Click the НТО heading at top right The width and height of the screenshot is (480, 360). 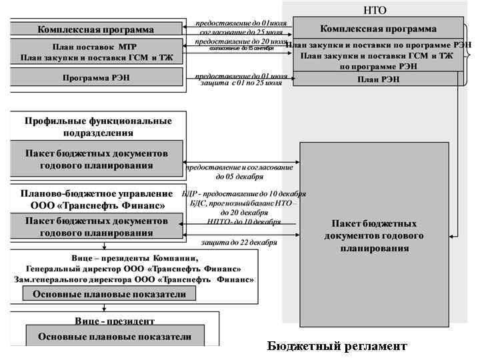pyautogui.click(x=375, y=10)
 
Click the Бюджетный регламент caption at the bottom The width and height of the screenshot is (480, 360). pyautogui.click(x=337, y=346)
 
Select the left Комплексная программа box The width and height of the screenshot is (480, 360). pyautogui.click(x=96, y=29)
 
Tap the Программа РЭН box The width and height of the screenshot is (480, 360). pyautogui.click(x=96, y=77)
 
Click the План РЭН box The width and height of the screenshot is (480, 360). pyautogui.click(x=378, y=79)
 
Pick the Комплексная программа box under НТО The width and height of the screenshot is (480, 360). pyautogui.click(x=378, y=29)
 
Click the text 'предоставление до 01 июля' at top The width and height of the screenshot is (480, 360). pyautogui.click(x=241, y=23)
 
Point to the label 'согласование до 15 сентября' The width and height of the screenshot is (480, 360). pyautogui.click(x=241, y=49)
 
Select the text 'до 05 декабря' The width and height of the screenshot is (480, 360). pyautogui.click(x=239, y=177)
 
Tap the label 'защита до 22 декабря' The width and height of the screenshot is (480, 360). pyautogui.click(x=239, y=243)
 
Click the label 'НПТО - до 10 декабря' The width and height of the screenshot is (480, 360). pyautogui.click(x=239, y=221)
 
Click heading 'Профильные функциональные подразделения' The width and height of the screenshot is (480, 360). pyautogui.click(x=98, y=127)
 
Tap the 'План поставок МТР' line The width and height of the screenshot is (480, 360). pyautogui.click(x=96, y=47)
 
